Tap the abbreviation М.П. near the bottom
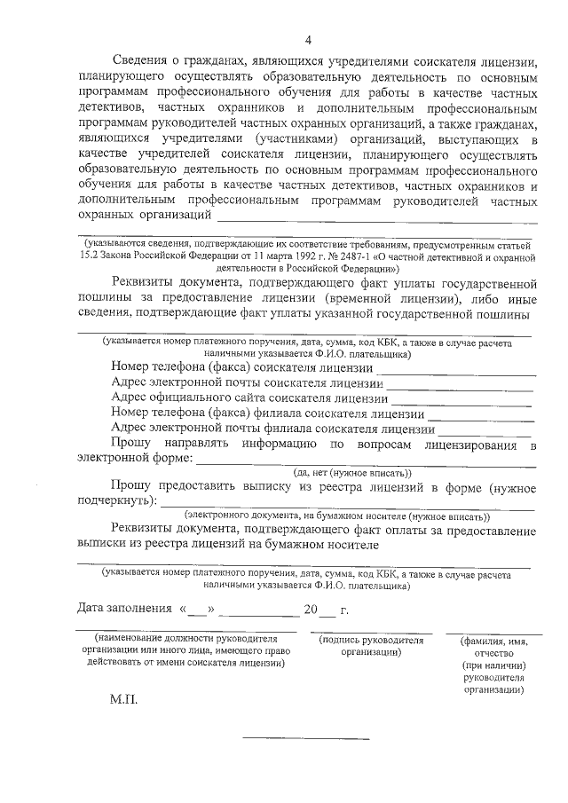pos(125,699)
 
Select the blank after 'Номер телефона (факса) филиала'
pos(482,417)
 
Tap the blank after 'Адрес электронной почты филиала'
pos(487,432)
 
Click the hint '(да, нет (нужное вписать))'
pos(353,473)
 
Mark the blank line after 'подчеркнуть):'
pos(347,506)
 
